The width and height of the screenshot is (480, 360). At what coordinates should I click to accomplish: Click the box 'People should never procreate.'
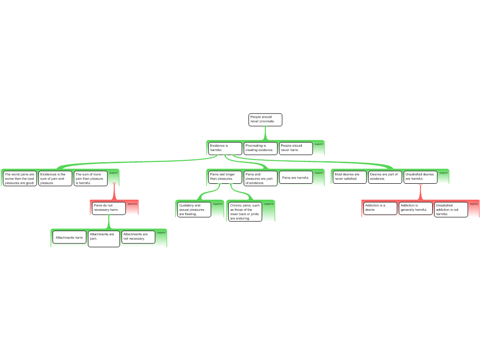coord(265,120)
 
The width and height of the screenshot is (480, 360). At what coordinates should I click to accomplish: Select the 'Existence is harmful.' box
coord(225,148)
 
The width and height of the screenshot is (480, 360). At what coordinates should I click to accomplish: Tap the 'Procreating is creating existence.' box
coord(260,148)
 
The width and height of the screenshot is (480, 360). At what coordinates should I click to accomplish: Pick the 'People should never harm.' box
coord(296,148)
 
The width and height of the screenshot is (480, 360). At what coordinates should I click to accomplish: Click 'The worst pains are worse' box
coord(20,179)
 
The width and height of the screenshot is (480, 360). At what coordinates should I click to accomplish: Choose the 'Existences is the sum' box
coord(55,179)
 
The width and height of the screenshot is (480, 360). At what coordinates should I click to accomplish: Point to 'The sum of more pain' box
coord(90,179)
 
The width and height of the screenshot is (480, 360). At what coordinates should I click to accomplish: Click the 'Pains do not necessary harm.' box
coord(108,208)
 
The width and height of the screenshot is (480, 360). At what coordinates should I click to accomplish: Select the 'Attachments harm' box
coord(69,237)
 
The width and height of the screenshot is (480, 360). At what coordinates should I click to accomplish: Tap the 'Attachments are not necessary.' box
coord(138,237)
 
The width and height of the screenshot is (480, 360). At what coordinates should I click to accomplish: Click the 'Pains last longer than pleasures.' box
coord(225,177)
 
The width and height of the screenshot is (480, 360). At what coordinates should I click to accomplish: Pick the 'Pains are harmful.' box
coord(296,177)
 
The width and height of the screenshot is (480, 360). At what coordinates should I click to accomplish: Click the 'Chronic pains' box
coord(245,212)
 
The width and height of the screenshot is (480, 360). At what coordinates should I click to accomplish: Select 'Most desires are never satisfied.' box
coord(349,177)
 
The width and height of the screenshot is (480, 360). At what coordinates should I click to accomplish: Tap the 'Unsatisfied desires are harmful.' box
coord(420,177)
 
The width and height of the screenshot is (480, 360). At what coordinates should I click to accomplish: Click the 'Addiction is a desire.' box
coord(380,208)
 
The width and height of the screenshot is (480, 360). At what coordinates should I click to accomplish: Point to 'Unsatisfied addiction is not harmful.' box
coord(451,210)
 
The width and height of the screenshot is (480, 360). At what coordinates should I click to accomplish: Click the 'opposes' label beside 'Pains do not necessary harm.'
coord(132,204)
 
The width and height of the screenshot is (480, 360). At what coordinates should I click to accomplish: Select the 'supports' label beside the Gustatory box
coord(218,204)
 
